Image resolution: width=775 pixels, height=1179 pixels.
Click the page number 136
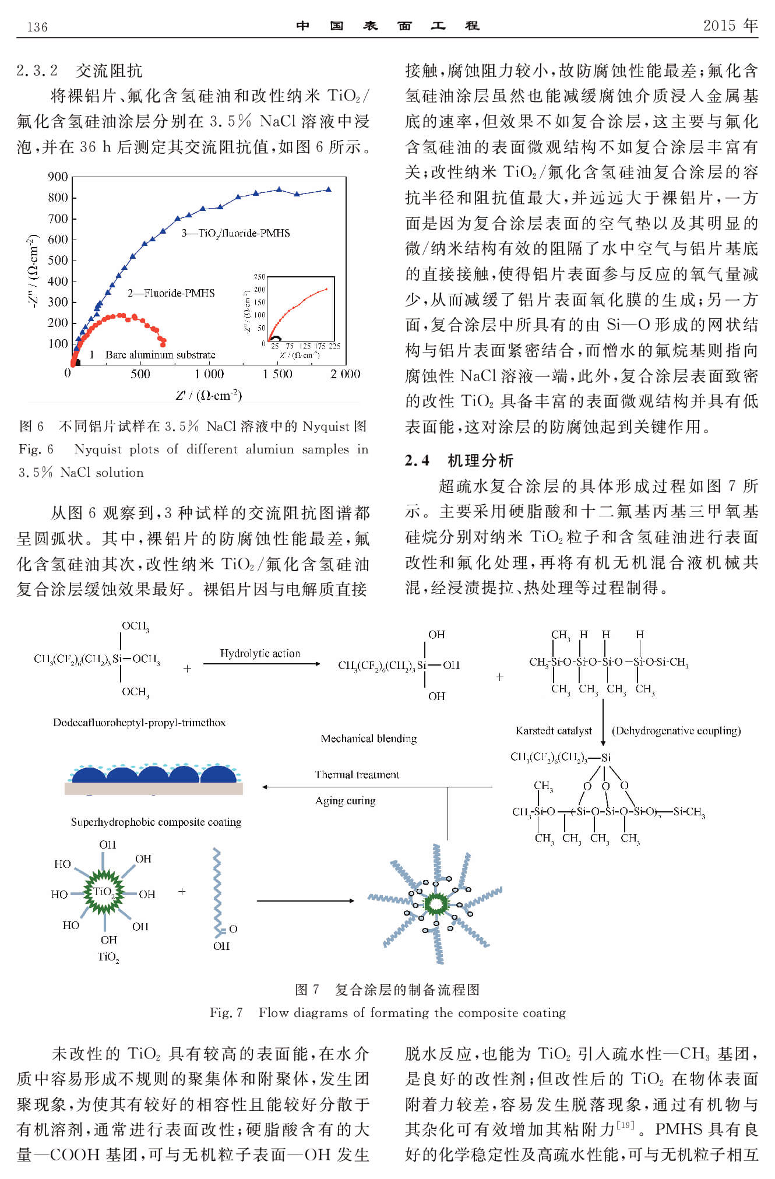[37, 27]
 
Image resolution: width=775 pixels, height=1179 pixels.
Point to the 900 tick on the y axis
[58, 177]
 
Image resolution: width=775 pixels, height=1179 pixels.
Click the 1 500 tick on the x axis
[278, 374]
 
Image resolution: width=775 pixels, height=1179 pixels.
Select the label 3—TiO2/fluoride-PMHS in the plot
[235, 233]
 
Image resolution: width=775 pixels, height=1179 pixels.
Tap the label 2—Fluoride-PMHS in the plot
[171, 293]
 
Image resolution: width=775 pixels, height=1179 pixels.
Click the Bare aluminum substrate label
[160, 355]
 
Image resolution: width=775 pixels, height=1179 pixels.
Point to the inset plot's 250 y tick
[259, 277]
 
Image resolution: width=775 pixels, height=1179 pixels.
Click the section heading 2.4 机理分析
[459, 460]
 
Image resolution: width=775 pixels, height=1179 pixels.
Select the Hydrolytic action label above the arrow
[260, 653]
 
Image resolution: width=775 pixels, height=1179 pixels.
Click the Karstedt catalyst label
[554, 731]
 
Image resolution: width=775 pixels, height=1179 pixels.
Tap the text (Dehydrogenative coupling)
[676, 731]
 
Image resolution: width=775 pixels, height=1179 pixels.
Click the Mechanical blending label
[369, 739]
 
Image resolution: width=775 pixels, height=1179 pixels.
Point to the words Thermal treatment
[357, 775]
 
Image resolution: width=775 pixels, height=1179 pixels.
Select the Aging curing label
[346, 801]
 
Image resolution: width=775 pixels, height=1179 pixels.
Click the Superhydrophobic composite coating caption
[156, 822]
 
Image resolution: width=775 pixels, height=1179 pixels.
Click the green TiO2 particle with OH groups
[104, 892]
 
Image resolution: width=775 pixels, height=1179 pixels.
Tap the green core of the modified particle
[435, 904]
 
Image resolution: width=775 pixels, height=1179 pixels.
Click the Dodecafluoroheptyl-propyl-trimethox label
[139, 723]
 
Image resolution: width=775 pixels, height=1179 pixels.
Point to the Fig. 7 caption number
[226, 1012]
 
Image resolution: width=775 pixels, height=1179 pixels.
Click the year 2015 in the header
[720, 26]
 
